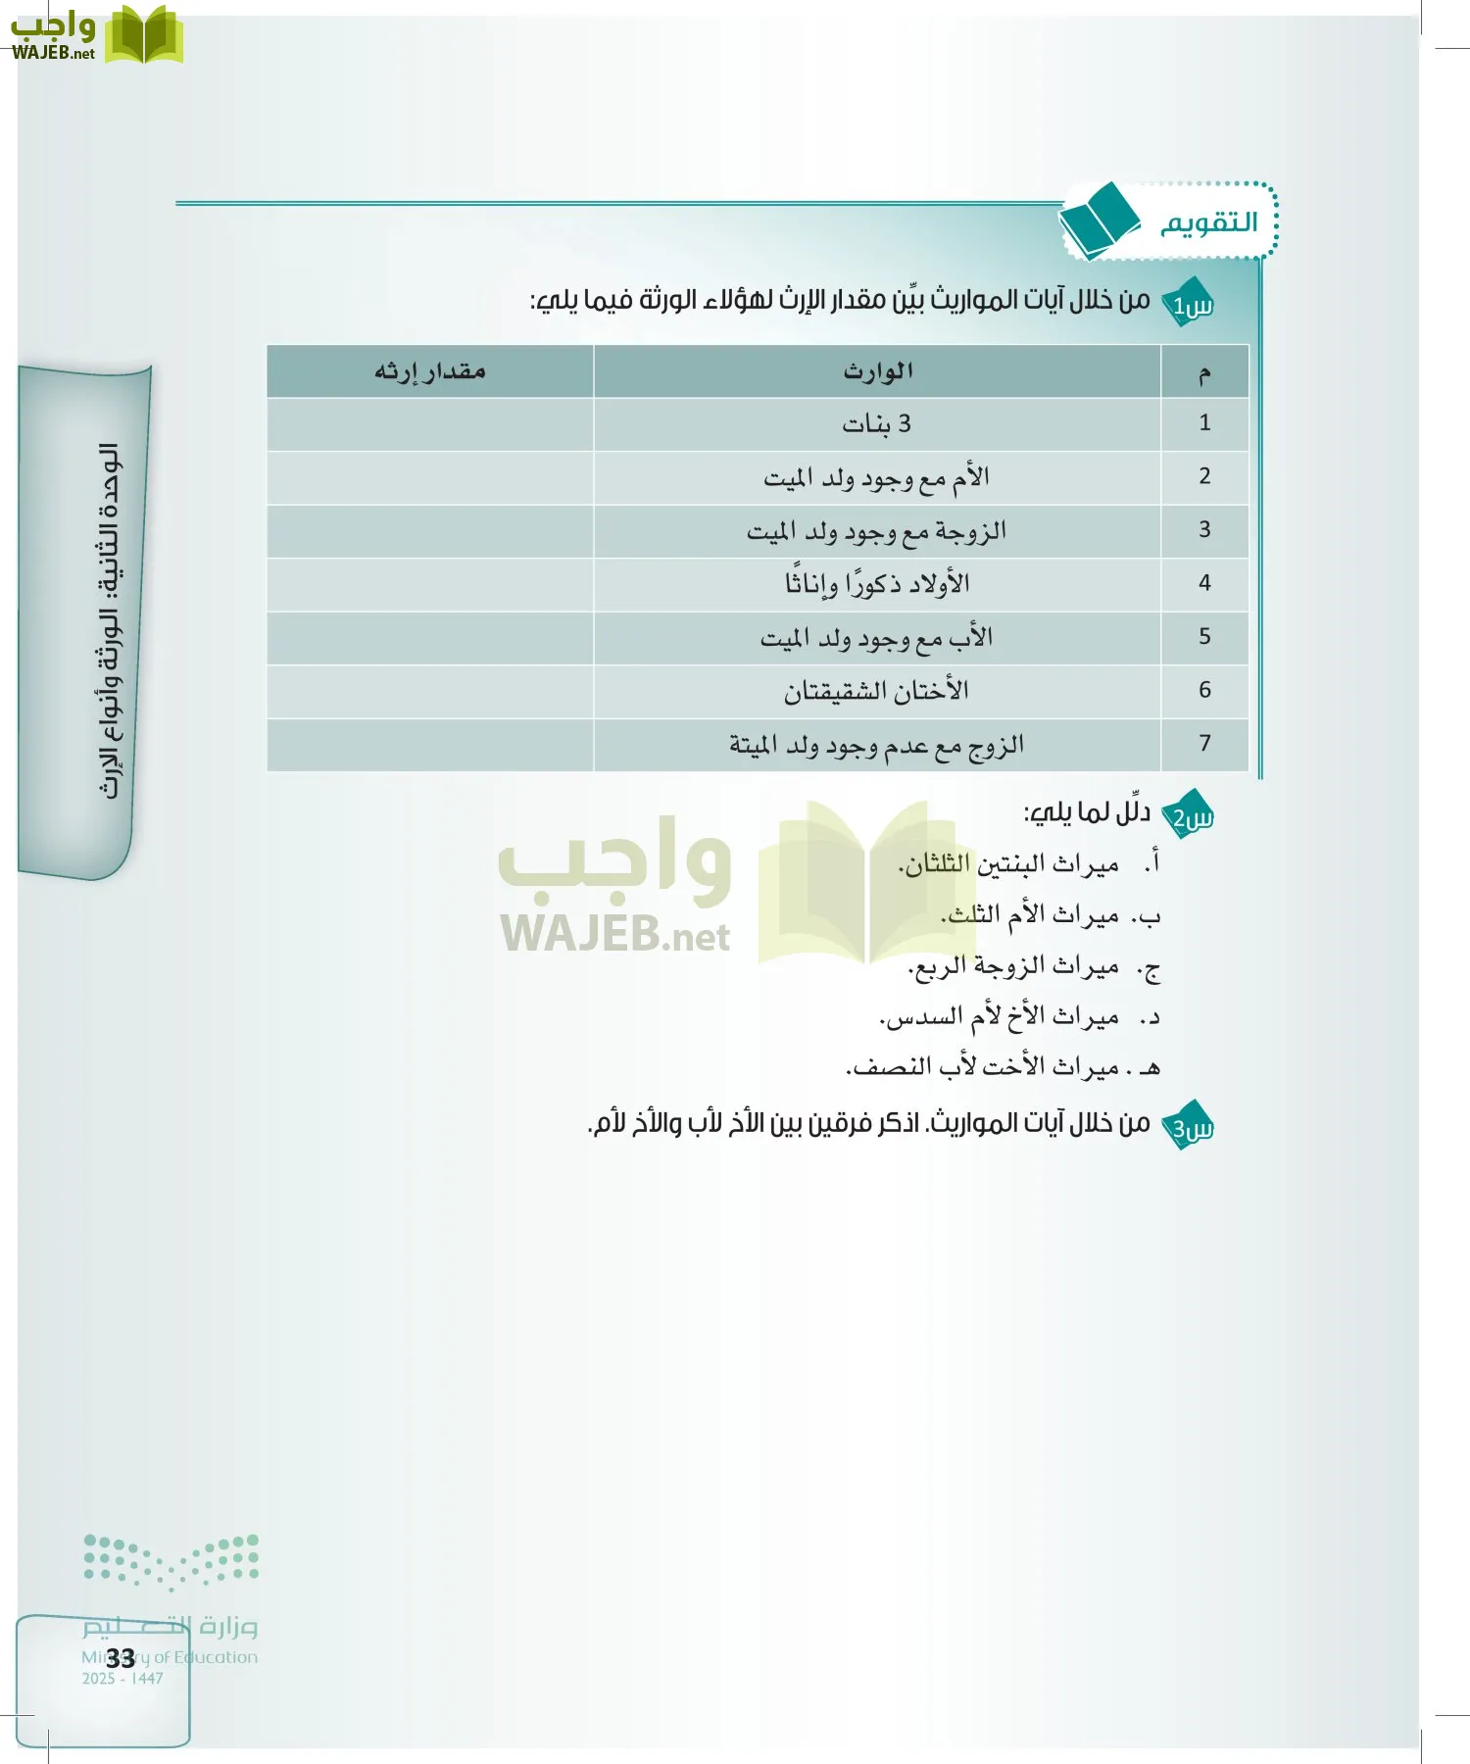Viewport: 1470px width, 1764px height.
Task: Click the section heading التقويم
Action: [1208, 223]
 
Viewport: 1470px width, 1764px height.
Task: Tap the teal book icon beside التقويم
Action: [1100, 220]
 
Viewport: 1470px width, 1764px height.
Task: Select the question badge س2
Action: [1191, 815]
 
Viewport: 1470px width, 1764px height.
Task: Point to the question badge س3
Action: [1191, 1126]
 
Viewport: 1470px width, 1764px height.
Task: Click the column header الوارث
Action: [877, 371]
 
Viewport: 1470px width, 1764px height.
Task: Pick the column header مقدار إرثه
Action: [429, 371]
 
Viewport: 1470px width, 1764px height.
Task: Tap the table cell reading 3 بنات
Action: [877, 424]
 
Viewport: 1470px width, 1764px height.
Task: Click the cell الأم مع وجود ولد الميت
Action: [877, 478]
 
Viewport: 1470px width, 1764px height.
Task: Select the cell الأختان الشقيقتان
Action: [877, 692]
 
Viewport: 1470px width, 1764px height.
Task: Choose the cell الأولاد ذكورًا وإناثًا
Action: [877, 585]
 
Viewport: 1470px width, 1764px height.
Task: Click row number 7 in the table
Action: [1204, 744]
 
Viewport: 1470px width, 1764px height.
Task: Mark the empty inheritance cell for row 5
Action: [429, 638]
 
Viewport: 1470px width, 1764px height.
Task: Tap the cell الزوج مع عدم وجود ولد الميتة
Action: [877, 746]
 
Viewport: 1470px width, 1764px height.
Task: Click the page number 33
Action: [121, 1658]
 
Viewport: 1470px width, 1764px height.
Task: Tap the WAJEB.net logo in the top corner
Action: [96, 35]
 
